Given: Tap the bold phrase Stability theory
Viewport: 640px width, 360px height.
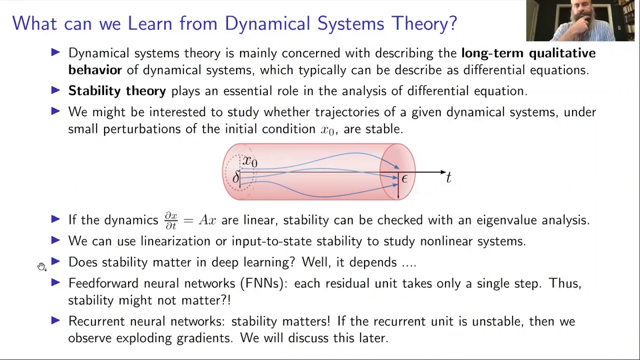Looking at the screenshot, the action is tap(117, 91).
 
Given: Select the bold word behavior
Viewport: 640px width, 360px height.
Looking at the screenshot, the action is tap(95, 70).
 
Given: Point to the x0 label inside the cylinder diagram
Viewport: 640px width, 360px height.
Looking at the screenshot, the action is tap(249, 161).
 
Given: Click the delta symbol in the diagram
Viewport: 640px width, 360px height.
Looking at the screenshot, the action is tap(235, 176).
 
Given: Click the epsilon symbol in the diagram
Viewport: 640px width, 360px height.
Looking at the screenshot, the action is tap(404, 178).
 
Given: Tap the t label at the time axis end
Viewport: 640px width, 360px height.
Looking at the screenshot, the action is tap(449, 177).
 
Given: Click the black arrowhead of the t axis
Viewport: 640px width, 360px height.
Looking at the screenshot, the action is tap(443, 172).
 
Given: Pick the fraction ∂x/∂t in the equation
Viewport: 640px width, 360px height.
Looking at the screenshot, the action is tap(171, 220).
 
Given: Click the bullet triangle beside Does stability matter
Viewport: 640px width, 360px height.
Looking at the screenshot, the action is tap(55, 261).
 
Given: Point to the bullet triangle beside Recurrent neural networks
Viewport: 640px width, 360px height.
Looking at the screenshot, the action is tap(55, 320).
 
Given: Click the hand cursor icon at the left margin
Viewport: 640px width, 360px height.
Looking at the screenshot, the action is tap(41, 266).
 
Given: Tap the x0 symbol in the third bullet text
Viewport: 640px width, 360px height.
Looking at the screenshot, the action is tap(327, 130).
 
